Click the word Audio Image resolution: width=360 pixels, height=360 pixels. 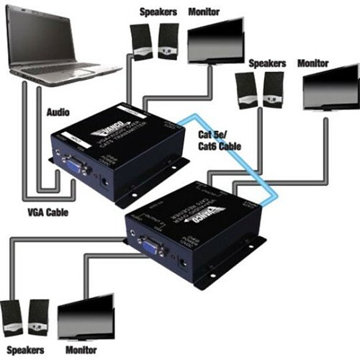tap(58, 113)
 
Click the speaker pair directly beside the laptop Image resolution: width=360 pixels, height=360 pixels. tap(153, 41)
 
